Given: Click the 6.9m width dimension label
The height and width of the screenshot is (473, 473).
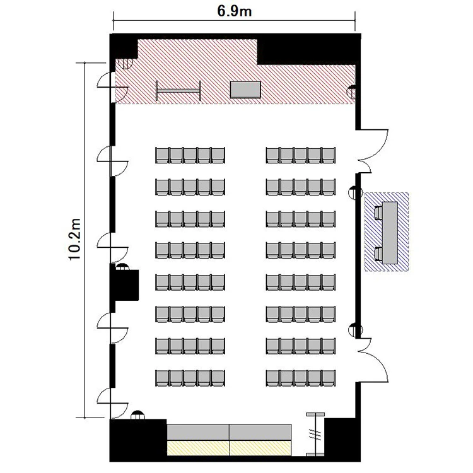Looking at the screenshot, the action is (235, 11).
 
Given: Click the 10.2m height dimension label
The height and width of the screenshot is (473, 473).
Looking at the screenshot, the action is (74, 239).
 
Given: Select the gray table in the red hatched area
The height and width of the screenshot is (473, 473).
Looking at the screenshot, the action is (245, 90).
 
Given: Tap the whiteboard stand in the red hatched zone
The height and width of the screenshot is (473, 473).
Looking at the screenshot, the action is (178, 90).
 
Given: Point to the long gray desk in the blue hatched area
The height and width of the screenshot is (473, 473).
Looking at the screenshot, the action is (390, 233).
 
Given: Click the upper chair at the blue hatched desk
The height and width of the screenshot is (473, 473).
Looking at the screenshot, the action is (378, 213).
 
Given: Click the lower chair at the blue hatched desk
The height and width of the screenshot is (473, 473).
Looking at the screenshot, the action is (378, 254).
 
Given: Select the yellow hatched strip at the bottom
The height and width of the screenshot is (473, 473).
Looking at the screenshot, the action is (230, 448).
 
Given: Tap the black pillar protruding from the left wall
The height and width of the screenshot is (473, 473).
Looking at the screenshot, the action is (124, 285).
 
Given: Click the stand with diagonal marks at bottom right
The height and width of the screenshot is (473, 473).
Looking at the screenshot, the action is (315, 435).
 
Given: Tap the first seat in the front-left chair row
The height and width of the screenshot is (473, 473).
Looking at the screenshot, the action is (162, 155).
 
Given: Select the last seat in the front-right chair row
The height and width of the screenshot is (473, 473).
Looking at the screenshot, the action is (329, 155).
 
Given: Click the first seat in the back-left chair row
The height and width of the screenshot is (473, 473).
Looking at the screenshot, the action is (162, 378).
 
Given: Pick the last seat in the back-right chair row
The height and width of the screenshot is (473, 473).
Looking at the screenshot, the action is (329, 378).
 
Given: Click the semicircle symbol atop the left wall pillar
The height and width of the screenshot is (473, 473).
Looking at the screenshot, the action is (122, 267).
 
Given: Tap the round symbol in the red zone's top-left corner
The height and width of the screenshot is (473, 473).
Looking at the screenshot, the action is (125, 64).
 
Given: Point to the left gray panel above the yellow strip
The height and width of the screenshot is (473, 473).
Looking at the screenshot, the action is (198, 432).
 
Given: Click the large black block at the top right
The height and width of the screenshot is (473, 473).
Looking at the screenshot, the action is (308, 50).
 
